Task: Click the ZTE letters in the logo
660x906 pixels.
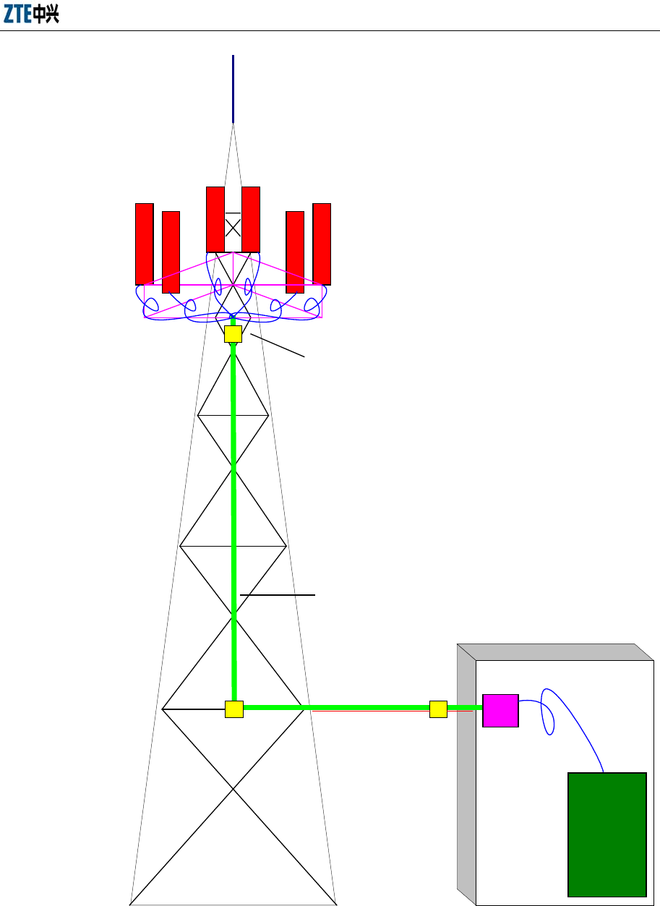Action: [17, 15]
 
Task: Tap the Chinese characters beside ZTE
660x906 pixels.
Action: [46, 15]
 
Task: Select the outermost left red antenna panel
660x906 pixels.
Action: [145, 244]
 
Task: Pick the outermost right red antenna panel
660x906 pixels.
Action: [322, 244]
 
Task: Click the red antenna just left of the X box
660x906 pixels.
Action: [215, 219]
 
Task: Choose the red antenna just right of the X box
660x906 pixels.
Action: [251, 219]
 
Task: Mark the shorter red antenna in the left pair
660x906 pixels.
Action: [171, 252]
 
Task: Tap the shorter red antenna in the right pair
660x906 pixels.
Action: [295, 252]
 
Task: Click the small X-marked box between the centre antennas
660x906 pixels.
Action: [233, 228]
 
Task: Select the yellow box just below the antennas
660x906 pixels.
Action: [233, 333]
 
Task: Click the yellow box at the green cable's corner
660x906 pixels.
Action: [233, 709]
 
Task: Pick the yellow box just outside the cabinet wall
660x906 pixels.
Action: [438, 709]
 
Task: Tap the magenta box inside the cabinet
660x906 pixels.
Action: [500, 710]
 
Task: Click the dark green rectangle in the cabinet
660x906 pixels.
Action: [607, 834]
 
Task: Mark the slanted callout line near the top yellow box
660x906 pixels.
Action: [278, 345]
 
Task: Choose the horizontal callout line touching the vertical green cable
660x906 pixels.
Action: [278, 595]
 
